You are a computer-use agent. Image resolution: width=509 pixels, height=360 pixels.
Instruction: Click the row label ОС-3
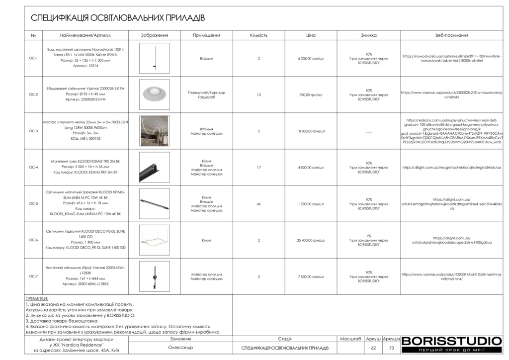click(x=33, y=131)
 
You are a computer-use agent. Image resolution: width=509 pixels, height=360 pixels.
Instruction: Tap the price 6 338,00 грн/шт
click(x=311, y=59)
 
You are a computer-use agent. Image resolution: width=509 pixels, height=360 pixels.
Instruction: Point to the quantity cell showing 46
click(x=258, y=204)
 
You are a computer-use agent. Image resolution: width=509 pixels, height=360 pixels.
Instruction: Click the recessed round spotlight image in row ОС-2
click(x=154, y=94)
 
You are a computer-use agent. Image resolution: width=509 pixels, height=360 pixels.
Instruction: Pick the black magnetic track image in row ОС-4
click(x=154, y=168)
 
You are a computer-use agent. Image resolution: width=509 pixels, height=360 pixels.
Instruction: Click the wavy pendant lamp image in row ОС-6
click(x=154, y=240)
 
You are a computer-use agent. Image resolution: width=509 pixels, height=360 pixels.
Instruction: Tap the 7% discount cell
click(x=368, y=240)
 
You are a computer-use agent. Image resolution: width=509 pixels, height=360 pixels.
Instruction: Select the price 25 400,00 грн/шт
click(x=311, y=240)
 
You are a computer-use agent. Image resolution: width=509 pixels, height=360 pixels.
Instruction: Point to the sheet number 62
click(x=373, y=348)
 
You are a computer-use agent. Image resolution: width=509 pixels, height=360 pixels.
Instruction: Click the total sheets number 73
click(x=392, y=348)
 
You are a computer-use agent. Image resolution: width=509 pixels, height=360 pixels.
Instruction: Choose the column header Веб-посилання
click(x=451, y=36)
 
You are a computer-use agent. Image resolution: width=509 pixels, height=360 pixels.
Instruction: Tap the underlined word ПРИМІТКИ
click(x=37, y=298)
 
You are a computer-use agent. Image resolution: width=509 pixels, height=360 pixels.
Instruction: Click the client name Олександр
click(x=180, y=348)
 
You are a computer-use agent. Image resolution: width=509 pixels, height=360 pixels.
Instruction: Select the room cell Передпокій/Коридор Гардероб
click(x=206, y=94)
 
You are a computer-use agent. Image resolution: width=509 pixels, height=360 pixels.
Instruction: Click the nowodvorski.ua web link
click(x=451, y=59)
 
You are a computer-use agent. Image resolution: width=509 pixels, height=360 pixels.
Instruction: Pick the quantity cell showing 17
click(x=258, y=168)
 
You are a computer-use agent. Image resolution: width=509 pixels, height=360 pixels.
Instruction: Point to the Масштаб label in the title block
click(x=350, y=339)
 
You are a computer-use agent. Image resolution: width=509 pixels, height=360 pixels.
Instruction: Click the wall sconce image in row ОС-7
click(x=154, y=276)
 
